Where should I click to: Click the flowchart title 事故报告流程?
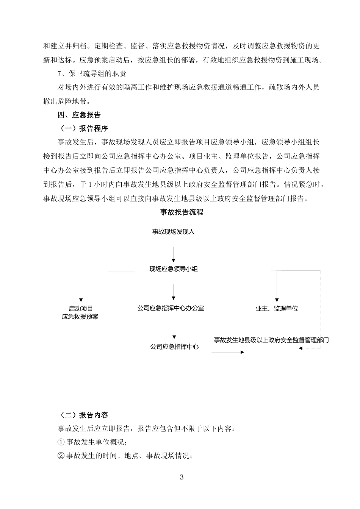pos(182,212)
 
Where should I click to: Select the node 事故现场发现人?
pos(174,231)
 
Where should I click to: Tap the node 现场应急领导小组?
pos(174,269)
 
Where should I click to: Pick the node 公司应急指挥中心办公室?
pos(171,308)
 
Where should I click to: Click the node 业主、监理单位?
pos(277,309)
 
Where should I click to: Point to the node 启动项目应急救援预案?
pos(80,313)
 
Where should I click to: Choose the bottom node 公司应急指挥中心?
pos(174,347)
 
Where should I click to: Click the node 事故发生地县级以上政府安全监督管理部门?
pos(271,340)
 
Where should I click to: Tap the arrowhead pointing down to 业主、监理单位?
pos(277,300)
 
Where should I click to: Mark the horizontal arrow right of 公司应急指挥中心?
pos(228,352)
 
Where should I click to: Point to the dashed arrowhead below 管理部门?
pos(301,348)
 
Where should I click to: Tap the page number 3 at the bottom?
pos(182,477)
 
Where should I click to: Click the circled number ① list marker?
pos(61,442)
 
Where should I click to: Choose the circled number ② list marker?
pos(61,456)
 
